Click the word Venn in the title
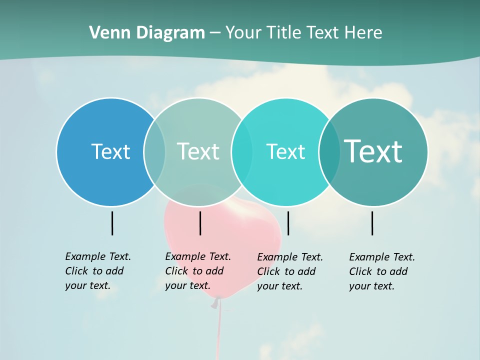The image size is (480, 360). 106,33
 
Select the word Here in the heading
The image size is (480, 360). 363,33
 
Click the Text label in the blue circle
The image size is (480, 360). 110,151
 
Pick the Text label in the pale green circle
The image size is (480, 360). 198,151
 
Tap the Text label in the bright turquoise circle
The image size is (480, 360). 285,151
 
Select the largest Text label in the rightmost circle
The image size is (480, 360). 373,151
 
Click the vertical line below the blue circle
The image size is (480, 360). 112,223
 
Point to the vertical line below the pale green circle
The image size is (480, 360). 200,223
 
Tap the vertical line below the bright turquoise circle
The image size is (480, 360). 288,223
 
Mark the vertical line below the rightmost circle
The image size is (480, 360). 372,223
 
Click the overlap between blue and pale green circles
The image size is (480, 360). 154,151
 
